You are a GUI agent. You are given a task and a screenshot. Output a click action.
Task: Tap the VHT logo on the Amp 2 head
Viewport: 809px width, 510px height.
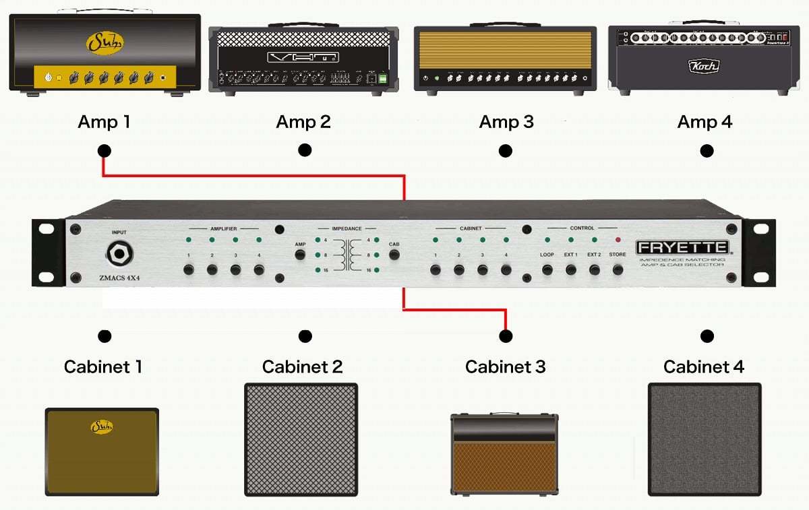click(302, 57)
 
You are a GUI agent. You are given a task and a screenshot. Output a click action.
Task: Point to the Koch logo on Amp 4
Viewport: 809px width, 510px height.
click(703, 66)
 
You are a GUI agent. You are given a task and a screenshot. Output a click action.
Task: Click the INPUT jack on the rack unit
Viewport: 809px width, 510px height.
click(119, 254)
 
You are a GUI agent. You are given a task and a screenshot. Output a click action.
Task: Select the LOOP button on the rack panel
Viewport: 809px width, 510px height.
click(547, 269)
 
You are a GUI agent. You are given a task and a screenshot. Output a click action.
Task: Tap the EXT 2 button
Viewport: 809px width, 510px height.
click(594, 269)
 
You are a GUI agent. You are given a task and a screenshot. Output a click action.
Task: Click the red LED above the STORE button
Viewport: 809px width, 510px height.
click(618, 240)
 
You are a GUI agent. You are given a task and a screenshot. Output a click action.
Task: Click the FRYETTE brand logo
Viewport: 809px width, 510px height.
click(682, 247)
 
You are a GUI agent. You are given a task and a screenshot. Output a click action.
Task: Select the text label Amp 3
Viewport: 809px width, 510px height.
click(506, 122)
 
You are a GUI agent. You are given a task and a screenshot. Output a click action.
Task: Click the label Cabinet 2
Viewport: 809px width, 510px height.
click(302, 367)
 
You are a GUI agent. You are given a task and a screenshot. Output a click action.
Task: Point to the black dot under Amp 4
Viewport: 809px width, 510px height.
click(707, 151)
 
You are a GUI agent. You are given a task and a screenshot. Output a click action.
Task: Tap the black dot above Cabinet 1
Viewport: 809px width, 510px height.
click(104, 336)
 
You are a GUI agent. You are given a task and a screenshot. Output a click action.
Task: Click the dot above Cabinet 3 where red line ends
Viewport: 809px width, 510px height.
click(506, 335)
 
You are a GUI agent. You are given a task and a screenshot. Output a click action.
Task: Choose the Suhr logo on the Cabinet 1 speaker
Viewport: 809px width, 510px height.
click(101, 426)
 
